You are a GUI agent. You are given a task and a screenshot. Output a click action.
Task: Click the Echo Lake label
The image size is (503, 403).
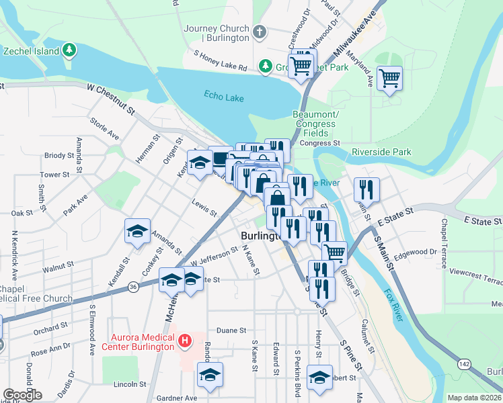[x=223, y=97]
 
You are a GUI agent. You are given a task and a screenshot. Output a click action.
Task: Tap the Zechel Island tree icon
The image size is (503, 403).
[x=69, y=50]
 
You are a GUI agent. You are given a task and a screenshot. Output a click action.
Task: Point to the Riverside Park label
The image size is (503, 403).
[x=381, y=152]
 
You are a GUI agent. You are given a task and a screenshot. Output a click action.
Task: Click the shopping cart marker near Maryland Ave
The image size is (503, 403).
[x=389, y=79]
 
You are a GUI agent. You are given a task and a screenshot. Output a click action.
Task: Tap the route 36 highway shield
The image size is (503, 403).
[x=133, y=287]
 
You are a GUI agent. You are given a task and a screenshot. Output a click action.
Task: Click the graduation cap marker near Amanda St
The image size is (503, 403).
[x=137, y=232]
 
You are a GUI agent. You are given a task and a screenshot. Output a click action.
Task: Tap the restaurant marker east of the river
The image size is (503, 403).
[x=366, y=189]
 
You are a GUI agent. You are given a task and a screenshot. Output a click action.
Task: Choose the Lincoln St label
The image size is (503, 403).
[x=130, y=384]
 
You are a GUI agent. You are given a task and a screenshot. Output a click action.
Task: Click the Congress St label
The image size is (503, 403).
[x=320, y=142]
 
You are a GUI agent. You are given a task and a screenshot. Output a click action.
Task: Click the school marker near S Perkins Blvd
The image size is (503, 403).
[x=319, y=377]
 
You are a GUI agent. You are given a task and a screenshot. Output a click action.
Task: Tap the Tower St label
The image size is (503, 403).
[x=54, y=175]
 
